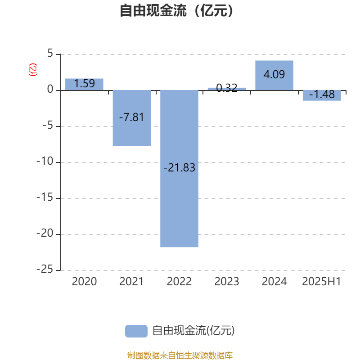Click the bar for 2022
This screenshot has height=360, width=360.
(179, 168)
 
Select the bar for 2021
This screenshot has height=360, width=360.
(132, 118)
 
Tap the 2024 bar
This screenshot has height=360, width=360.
(274, 75)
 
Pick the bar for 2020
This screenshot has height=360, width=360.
(84, 84)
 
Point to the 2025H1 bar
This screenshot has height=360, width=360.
(322, 95)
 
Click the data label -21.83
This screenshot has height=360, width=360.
(179, 167)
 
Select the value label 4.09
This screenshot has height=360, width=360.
(274, 74)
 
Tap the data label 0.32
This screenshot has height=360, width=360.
(227, 88)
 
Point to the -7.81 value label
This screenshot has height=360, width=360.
(131, 117)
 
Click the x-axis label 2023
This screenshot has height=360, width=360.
(227, 282)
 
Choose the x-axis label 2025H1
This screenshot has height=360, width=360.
(321, 282)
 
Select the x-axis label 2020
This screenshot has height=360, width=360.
(84, 282)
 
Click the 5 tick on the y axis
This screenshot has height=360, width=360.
(50, 53)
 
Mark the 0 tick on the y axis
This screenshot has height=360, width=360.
(50, 89)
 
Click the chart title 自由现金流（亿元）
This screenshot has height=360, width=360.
(176, 10)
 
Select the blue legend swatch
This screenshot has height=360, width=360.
(136, 331)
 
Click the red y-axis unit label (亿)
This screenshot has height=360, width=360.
(32, 70)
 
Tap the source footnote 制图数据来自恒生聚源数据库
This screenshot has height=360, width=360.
(180, 355)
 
